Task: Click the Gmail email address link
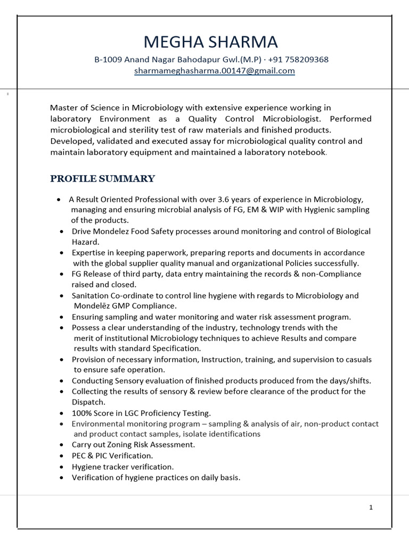pyautogui.click(x=214, y=70)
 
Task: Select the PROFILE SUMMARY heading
pyautogui.click(x=103, y=178)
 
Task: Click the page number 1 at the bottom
pyautogui.click(x=371, y=507)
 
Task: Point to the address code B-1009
pyautogui.click(x=108, y=59)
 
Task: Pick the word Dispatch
pyautogui.click(x=88, y=402)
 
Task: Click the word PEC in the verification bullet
pyautogui.click(x=79, y=456)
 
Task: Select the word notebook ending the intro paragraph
pyautogui.click(x=306, y=152)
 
